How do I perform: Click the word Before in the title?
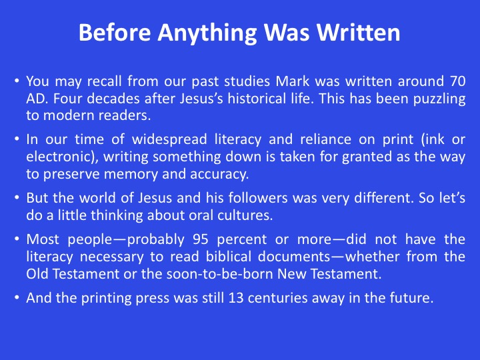115,32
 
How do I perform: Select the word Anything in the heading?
207,33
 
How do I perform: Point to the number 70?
458,81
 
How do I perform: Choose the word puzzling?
439,99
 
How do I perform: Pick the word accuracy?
219,174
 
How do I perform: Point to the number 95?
201,239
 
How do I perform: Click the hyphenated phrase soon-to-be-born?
220,274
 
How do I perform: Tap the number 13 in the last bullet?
236,298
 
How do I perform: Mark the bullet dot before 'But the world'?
17,197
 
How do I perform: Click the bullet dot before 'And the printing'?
17,297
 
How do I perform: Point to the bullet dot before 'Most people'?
17,239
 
